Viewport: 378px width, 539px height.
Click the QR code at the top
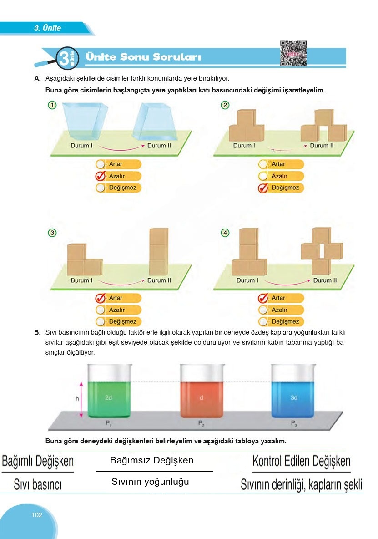pos(293,54)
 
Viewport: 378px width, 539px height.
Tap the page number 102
pos(37,515)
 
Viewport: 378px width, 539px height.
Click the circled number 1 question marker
pos(52,106)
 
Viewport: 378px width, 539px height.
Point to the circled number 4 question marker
pos(225,233)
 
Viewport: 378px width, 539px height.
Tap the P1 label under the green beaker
pos(109,423)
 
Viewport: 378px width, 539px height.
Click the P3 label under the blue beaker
pos(294,423)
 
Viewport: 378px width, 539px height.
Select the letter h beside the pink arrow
pos(77,398)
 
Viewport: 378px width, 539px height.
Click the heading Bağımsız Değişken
pos(152,460)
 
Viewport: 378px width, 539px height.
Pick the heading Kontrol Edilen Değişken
pos(301,461)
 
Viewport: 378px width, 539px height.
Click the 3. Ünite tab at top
pos(47,28)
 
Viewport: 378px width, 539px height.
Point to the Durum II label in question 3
pos(159,280)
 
